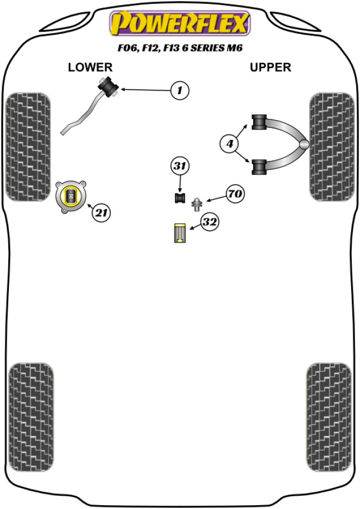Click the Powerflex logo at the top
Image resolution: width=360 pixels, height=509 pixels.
tap(179, 24)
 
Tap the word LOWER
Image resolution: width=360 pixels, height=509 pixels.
tap(90, 68)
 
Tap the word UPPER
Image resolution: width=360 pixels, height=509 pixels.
tap(270, 68)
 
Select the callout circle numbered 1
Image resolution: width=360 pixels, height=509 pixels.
tap(179, 90)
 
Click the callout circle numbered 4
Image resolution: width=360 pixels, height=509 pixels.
tap(229, 144)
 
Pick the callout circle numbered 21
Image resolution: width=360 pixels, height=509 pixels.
tap(101, 212)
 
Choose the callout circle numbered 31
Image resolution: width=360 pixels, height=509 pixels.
tap(180, 166)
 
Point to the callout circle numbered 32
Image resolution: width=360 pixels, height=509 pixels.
tap(209, 223)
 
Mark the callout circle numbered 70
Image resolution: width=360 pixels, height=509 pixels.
tap(234, 194)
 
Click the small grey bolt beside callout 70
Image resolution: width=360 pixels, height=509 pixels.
tap(196, 204)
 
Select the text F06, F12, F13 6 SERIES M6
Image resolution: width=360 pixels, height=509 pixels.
tap(179, 49)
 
